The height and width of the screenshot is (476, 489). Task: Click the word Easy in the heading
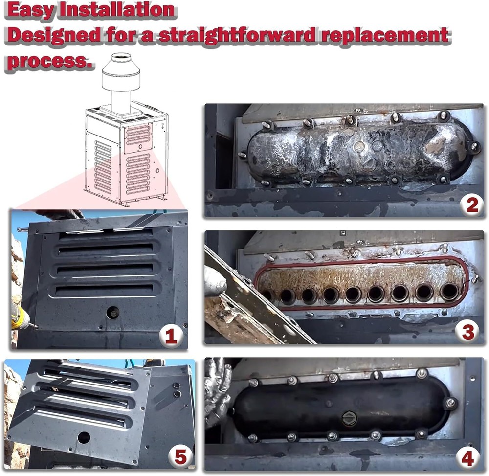[x=30, y=10]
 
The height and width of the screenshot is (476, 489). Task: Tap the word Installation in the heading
[x=117, y=9]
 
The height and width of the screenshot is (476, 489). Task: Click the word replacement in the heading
[x=385, y=36]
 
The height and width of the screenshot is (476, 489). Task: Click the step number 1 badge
[x=170, y=337]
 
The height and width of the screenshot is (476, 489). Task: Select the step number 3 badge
[x=468, y=332]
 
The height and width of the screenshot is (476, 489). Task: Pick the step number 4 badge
[x=467, y=459]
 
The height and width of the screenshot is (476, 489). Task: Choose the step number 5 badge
[x=180, y=457]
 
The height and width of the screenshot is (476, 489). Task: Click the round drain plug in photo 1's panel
[x=112, y=313]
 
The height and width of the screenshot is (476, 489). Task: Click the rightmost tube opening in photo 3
[x=449, y=292]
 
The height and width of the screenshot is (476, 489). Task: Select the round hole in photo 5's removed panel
[x=84, y=437]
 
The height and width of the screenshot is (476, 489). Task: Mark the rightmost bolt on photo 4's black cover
[x=450, y=403]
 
